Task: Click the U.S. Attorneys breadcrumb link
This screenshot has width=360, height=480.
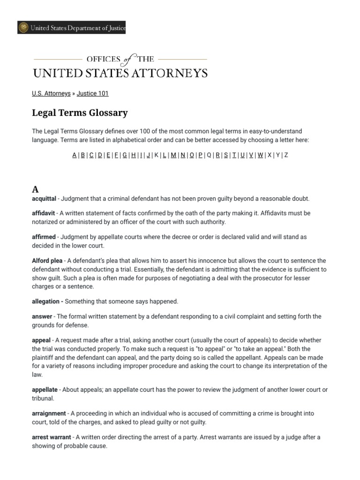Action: point(51,93)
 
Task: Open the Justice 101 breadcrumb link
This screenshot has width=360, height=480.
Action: point(92,93)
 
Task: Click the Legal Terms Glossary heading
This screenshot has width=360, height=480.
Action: point(80,113)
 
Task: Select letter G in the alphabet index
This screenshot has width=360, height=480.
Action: point(125,155)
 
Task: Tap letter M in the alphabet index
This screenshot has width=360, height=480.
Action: point(173,155)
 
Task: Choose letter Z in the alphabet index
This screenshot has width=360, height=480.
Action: point(286,155)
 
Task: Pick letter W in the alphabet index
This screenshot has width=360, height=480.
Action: point(260,155)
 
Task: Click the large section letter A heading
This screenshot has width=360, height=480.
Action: point(35,189)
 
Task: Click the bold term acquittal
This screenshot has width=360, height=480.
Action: point(44,199)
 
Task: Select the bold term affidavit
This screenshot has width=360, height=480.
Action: point(44,213)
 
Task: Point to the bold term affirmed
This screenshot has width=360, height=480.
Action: point(44,237)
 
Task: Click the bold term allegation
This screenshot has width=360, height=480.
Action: point(45,301)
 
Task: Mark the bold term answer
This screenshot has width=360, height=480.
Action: point(42,316)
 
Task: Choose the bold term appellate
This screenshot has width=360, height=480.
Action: point(45,390)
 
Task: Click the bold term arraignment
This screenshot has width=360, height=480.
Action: point(49,413)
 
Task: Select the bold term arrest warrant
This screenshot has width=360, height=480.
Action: point(52,437)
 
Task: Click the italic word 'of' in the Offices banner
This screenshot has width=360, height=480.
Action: point(127,60)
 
